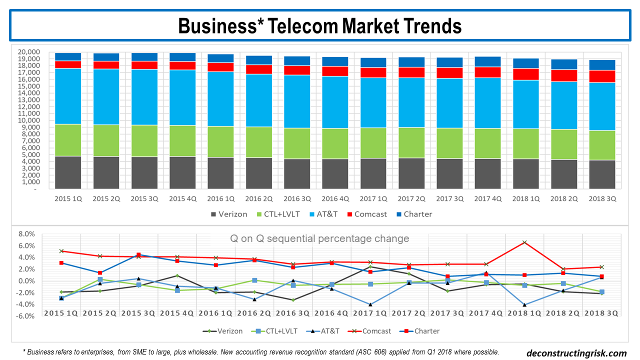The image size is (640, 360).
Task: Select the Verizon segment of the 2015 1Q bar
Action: point(68,172)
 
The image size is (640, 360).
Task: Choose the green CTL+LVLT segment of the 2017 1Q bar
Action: point(372,143)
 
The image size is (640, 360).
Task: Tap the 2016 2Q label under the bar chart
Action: point(258,198)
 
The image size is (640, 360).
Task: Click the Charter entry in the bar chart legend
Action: point(417,214)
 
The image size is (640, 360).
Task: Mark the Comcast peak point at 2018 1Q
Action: point(524,242)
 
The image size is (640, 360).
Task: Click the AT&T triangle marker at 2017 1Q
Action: point(370,304)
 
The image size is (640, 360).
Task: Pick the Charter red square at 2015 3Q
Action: point(138,255)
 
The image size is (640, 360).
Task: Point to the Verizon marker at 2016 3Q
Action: point(293,300)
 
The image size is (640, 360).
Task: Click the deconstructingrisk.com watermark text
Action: point(576,353)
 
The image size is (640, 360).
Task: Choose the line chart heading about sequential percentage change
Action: point(319,238)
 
